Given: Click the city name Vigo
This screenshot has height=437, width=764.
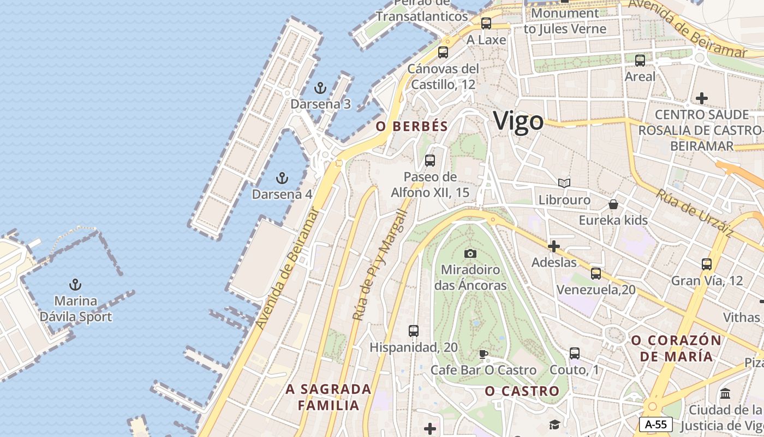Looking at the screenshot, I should [518, 121].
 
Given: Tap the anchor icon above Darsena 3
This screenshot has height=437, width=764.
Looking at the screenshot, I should [320, 87].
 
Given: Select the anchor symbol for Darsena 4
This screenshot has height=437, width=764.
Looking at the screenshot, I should [282, 178].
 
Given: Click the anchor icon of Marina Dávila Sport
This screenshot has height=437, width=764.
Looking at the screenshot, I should [75, 285].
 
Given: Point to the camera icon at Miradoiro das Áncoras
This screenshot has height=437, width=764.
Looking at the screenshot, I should [470, 253].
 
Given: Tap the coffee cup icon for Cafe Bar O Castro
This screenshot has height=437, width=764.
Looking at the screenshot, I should [483, 354].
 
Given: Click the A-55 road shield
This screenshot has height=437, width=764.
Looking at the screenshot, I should [655, 424].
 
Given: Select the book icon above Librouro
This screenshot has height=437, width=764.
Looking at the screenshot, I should [564, 183].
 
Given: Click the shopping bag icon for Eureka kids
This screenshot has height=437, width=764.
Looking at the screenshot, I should [613, 204].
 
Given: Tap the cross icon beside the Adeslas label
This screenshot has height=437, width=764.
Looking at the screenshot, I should [554, 246].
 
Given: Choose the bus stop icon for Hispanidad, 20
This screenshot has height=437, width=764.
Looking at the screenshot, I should [414, 331].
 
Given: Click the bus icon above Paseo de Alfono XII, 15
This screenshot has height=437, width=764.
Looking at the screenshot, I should [430, 161].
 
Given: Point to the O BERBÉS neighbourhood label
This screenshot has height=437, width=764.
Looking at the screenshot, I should [412, 126].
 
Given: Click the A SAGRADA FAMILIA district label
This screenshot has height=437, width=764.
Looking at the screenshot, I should [329, 397].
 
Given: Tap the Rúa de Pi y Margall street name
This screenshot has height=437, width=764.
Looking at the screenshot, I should [380, 265].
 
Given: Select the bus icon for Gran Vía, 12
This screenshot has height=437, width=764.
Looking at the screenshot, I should [707, 264].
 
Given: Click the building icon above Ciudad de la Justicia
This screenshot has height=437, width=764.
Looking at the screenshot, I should [725, 393].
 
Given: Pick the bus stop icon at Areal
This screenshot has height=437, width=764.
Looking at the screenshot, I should [640, 60].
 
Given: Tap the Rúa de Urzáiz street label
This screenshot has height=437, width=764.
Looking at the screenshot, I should [694, 212].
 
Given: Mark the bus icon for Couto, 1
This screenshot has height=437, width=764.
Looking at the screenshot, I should [575, 353].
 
